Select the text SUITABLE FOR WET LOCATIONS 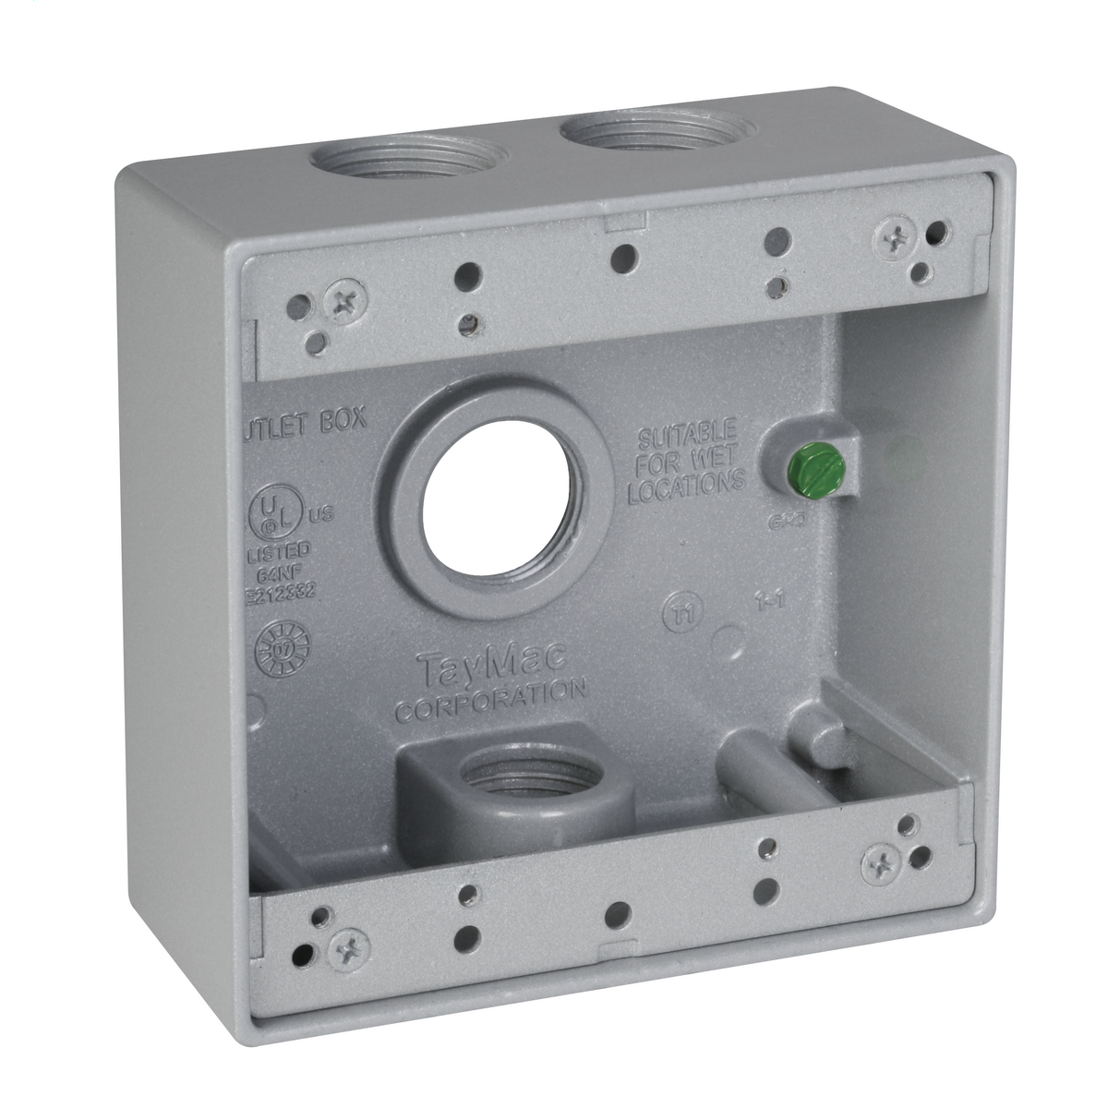pyautogui.click(x=687, y=464)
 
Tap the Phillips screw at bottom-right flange pyautogui.click(x=881, y=864)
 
